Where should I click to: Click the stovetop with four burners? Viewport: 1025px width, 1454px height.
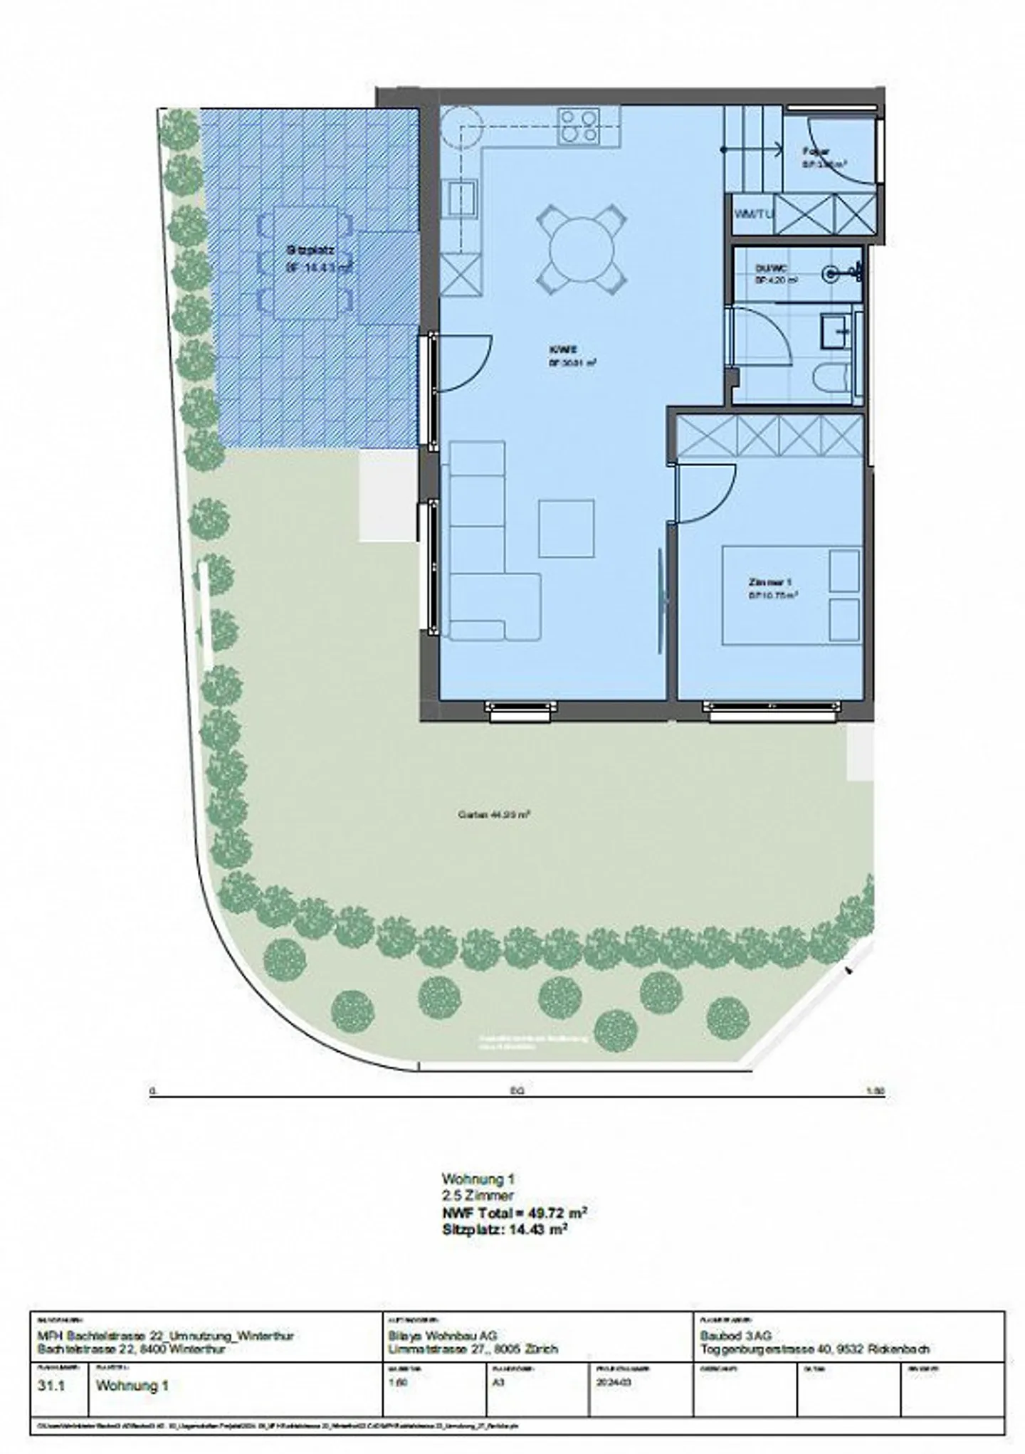[x=577, y=125]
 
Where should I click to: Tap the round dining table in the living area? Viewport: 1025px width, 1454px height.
[x=582, y=248]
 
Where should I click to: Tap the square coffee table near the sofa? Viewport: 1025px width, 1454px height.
[x=566, y=528]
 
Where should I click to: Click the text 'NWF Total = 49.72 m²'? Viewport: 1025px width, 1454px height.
[x=515, y=1213]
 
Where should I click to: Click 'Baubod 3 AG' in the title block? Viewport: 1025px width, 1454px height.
[x=735, y=1336]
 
